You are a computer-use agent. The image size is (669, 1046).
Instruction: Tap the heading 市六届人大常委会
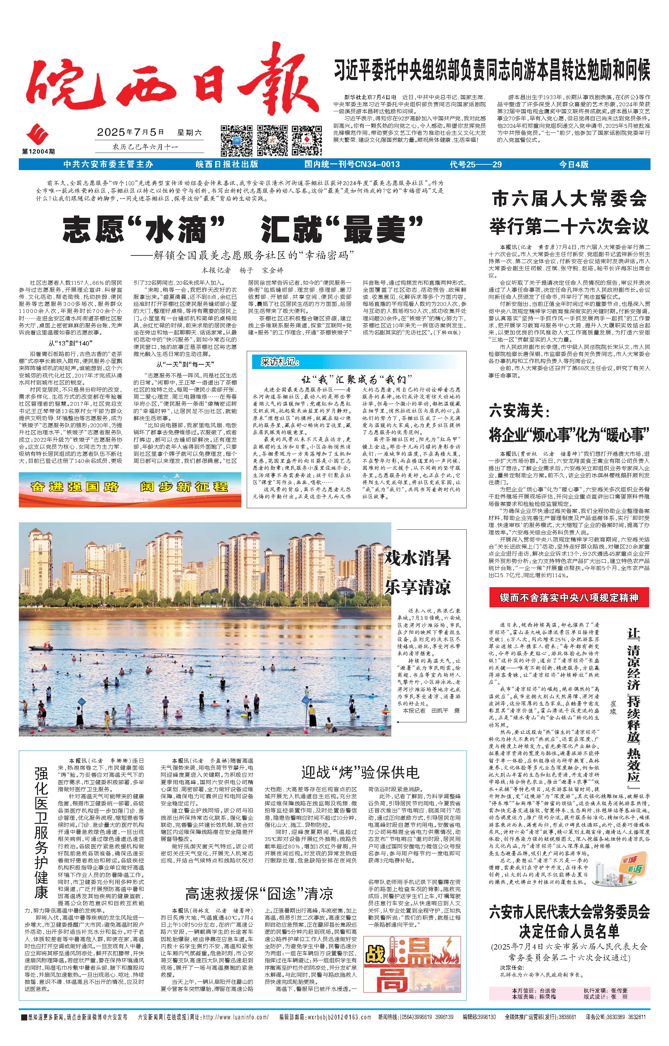tap(569, 199)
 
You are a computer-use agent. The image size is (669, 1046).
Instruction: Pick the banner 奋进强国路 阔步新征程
tap(129, 486)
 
